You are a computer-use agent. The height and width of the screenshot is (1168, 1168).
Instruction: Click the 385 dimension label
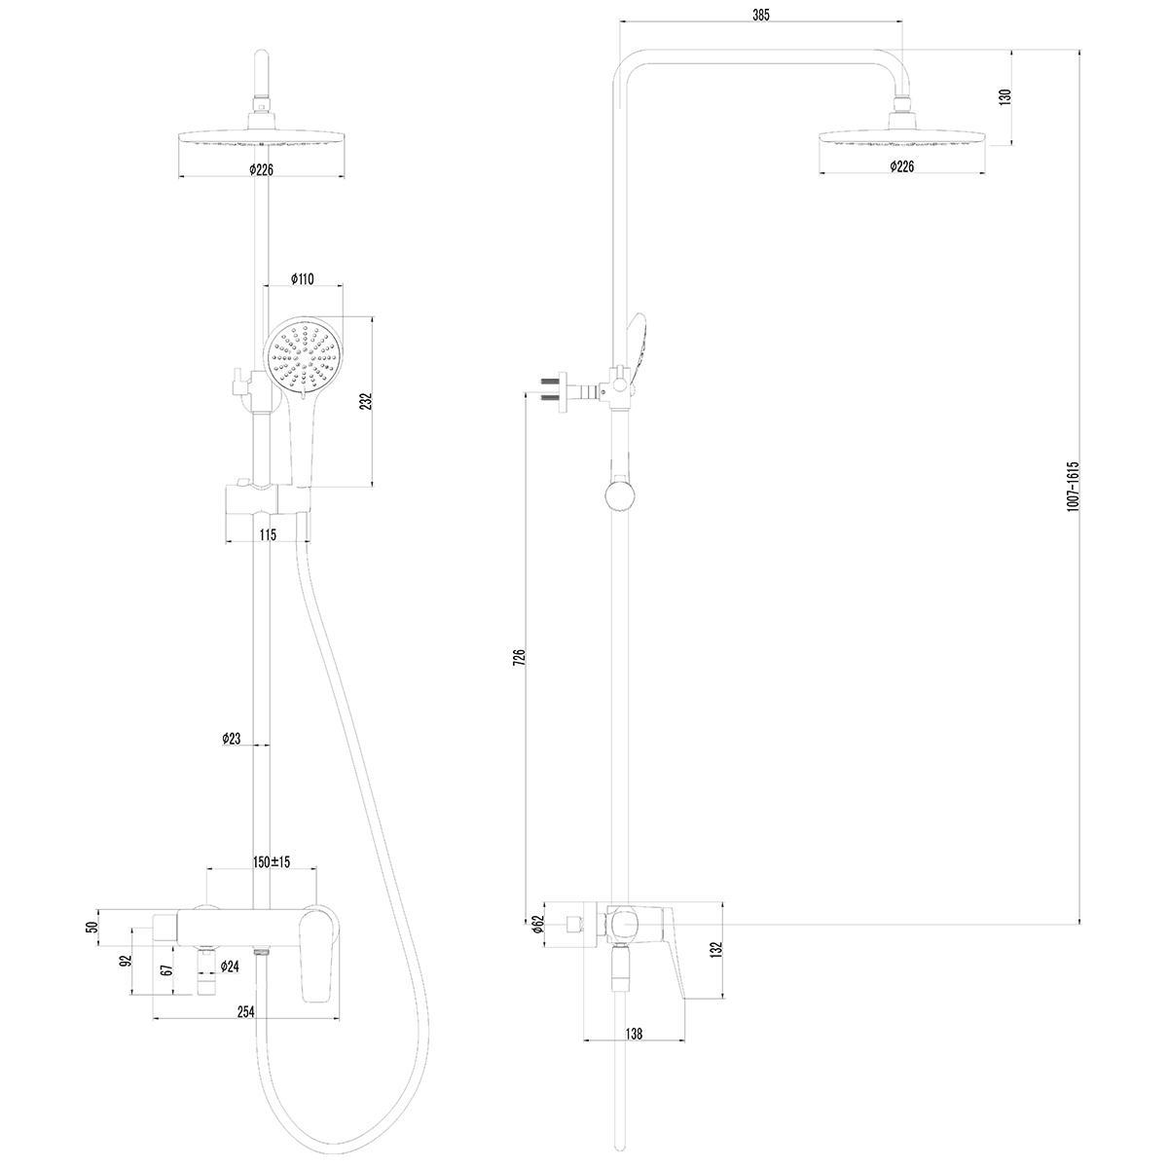tap(761, 16)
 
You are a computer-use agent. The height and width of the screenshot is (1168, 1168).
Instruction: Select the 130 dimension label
tap(1006, 97)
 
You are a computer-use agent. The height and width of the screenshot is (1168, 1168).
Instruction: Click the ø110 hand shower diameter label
tap(302, 278)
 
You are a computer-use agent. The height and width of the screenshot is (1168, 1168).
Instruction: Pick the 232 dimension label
tap(366, 402)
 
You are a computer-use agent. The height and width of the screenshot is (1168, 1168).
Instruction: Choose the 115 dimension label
tap(268, 534)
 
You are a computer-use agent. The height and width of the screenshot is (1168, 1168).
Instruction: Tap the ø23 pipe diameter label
tap(232, 738)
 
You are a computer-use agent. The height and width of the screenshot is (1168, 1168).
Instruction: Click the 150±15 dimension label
tap(272, 862)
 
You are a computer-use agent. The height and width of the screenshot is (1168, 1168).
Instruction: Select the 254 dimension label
tap(245, 1011)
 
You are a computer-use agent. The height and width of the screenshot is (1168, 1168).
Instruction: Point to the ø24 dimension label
tap(230, 967)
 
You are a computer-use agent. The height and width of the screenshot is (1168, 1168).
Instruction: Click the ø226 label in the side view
tap(902, 166)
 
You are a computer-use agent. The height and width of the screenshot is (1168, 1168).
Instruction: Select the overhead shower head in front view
tap(262, 137)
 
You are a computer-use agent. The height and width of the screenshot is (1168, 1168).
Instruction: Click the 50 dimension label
tap(92, 927)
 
